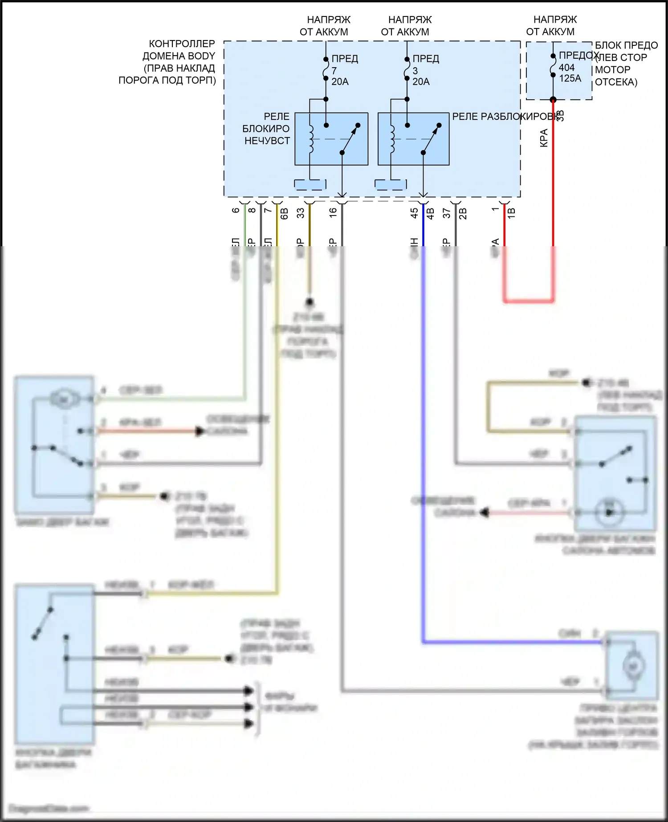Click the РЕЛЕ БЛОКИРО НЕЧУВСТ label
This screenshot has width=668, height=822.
coord(266,129)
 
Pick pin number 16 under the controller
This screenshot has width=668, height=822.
coord(333,213)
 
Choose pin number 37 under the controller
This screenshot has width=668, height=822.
coord(447,213)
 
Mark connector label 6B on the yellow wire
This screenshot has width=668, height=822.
coord(285,214)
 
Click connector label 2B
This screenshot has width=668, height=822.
coord(463,214)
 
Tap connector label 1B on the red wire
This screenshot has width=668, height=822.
coord(512,213)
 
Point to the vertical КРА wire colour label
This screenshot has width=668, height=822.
coord(544,138)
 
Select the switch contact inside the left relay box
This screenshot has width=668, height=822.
coord(350,139)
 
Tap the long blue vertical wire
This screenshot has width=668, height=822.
coord(423,445)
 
